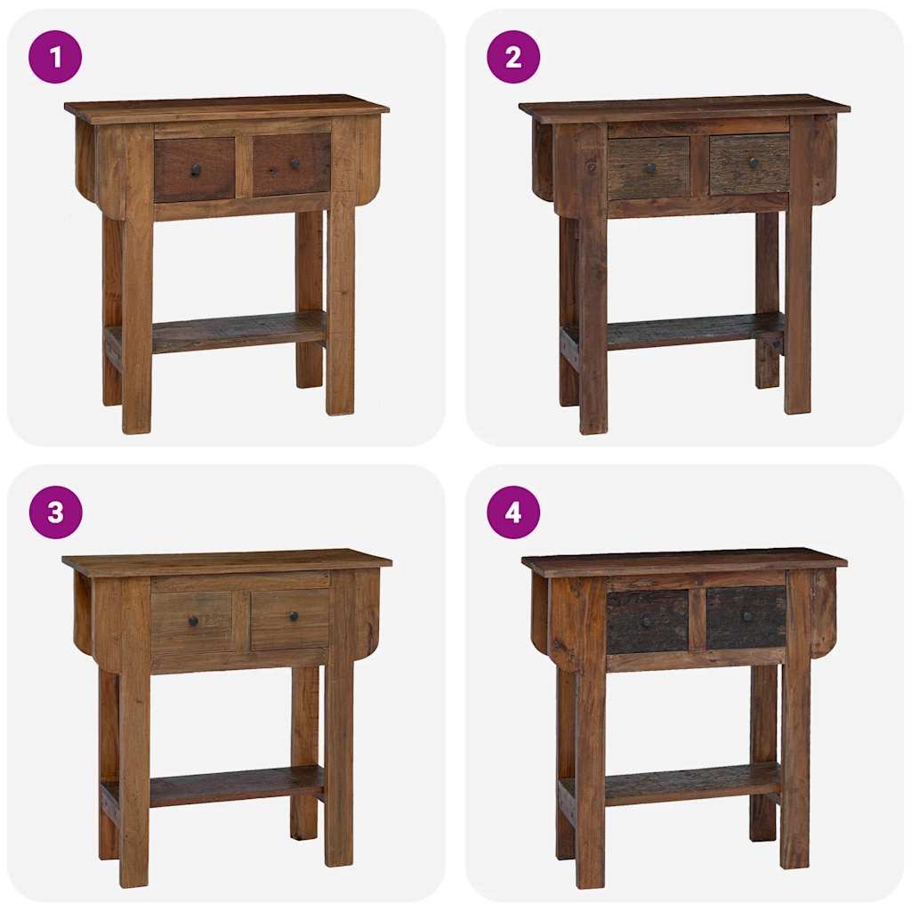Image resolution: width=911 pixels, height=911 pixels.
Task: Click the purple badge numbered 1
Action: tap(55, 57)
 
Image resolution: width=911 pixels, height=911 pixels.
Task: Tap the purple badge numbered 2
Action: tap(513, 57)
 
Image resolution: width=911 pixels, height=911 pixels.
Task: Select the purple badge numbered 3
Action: tap(55, 512)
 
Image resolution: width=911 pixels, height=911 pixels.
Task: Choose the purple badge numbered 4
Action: tap(513, 512)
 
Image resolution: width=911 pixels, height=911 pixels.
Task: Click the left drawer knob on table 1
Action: tap(196, 170)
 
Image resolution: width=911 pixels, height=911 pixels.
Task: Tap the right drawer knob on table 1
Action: tap(294, 165)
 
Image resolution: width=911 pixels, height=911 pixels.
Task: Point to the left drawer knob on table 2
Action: tap(650, 168)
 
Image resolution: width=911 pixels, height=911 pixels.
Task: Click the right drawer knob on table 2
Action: tap(753, 163)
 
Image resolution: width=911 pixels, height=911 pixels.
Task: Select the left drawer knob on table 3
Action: tap(193, 621)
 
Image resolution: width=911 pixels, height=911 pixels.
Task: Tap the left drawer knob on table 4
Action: tap(647, 620)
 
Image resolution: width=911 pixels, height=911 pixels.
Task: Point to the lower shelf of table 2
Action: tap(694, 330)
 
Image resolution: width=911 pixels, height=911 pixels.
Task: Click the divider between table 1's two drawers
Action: tap(244, 167)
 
